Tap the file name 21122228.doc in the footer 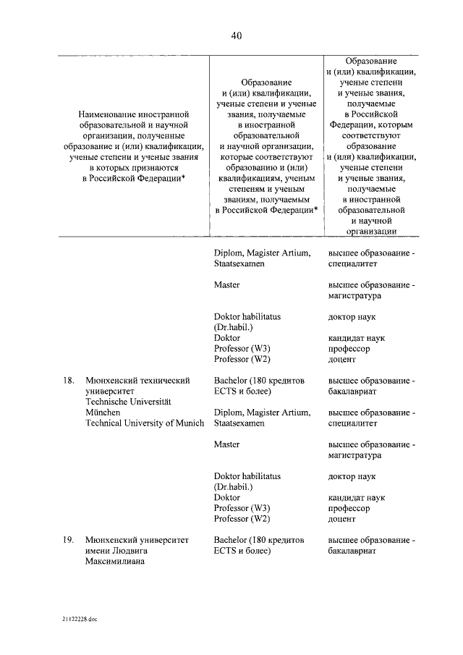point(80,621)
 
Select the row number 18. point(69,379)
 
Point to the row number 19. point(69,540)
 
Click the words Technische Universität point(127,401)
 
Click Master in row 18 point(226,444)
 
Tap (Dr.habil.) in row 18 point(234,487)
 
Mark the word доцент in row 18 point(342,519)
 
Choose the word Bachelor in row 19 point(231,540)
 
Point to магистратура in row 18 point(354,455)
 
